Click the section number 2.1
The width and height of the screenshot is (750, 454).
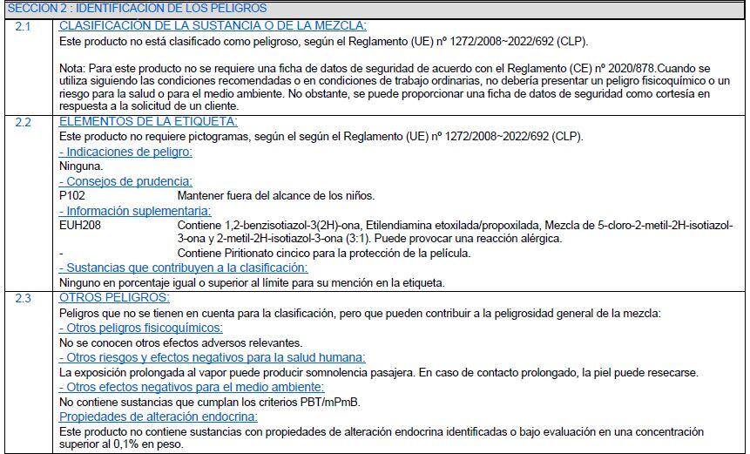23,26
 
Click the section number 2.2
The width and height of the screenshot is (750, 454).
23,122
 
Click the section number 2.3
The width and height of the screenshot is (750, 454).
23,298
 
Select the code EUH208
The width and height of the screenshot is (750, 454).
77,224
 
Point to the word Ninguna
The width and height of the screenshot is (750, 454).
80,166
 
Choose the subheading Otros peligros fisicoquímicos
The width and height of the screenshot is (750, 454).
140,328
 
